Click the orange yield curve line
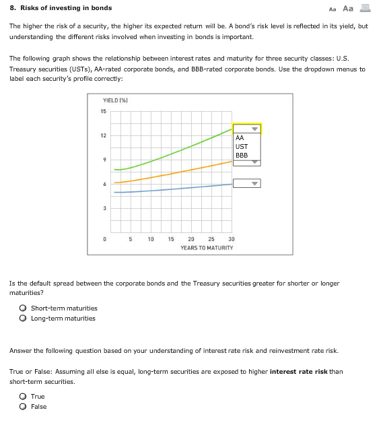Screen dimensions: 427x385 [x=175, y=172]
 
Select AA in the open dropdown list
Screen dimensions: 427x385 [x=240, y=138]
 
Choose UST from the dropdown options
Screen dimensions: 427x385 [x=242, y=146]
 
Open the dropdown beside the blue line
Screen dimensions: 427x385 [x=246, y=183]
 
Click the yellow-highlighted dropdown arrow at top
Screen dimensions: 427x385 [x=254, y=128]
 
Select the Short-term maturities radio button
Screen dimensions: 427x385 [x=23, y=308]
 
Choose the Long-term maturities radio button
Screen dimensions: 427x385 [x=23, y=319]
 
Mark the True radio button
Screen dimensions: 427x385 [x=23, y=397]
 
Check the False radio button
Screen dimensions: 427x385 [x=23, y=407]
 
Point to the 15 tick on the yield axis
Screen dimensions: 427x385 [x=104, y=111]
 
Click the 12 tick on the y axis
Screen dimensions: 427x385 [x=104, y=136]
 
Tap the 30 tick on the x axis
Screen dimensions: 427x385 [x=232, y=239]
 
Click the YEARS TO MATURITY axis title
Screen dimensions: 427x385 [x=207, y=248]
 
